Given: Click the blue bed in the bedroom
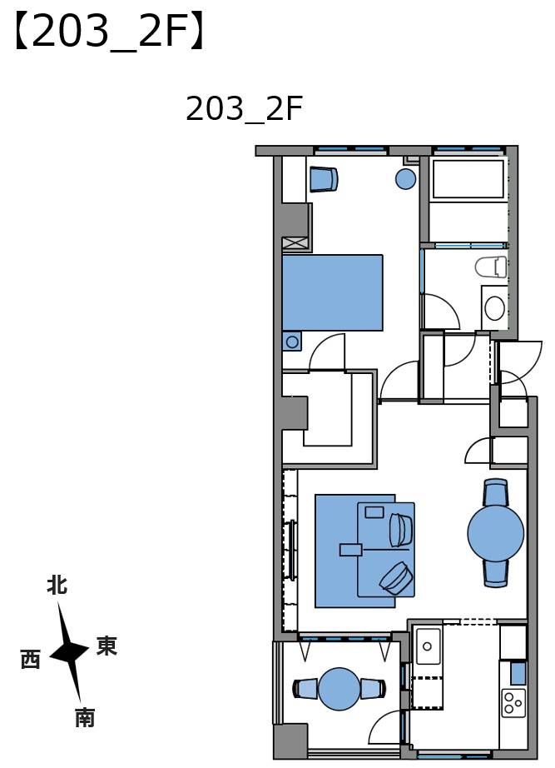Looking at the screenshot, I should (332, 292).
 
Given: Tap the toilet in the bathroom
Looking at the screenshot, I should (492, 267).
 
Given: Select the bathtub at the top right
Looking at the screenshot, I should (467, 178).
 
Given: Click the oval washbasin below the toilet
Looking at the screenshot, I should (494, 308).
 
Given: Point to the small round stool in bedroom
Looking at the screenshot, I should (405, 178).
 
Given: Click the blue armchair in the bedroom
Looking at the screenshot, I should (323, 178).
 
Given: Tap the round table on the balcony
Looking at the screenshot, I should (339, 689).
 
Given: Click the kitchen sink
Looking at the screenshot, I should (429, 646).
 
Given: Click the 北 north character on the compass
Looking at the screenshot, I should (57, 586).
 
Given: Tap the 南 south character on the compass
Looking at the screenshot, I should (85, 717).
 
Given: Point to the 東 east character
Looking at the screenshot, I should (107, 646).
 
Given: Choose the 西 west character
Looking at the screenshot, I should (30, 660).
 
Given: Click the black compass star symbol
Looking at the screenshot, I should (70, 652).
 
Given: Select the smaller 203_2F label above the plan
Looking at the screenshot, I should (243, 109).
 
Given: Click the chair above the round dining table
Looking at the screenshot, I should (496, 492).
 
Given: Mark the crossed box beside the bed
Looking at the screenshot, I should (295, 243).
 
